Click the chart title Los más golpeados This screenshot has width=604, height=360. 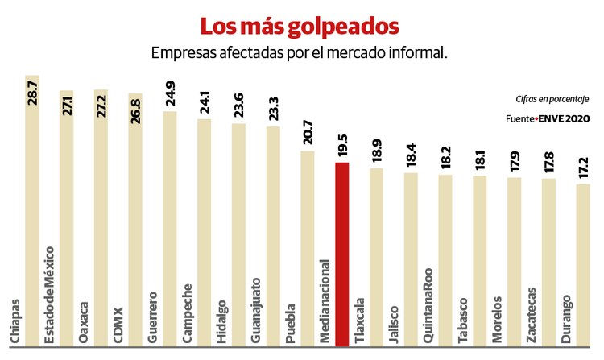click(x=300, y=26)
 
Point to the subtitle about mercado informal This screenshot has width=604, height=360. click(x=299, y=52)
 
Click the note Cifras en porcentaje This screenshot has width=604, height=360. click(x=552, y=99)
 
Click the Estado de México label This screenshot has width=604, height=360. click(x=50, y=298)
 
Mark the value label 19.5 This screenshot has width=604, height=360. click(x=342, y=146)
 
